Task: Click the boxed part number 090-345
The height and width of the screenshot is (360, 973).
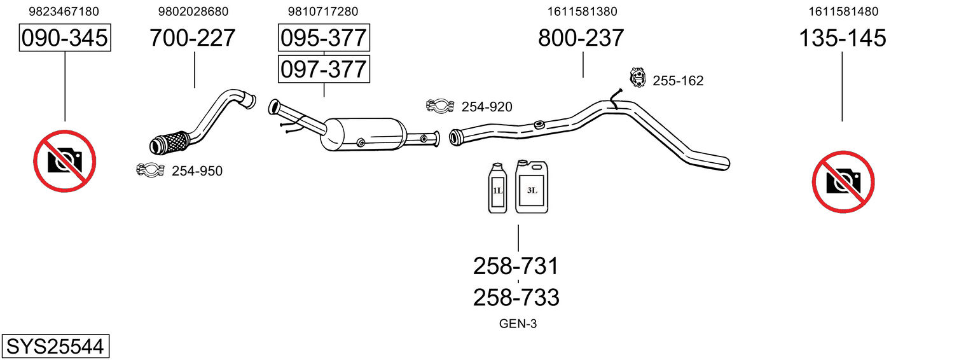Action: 65,38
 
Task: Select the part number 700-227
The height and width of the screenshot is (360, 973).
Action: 193,38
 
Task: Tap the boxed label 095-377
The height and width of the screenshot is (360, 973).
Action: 324,38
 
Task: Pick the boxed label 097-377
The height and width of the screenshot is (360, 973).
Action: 324,69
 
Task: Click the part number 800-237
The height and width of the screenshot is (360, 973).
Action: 581,38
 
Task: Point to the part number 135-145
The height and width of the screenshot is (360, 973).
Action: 842,38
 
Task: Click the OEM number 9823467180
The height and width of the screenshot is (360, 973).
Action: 64,11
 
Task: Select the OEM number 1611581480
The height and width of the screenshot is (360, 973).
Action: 843,11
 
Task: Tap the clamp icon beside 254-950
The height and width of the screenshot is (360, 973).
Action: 150,170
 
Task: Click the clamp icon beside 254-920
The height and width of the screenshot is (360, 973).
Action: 440,106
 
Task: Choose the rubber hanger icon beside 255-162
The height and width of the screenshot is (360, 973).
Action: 637,78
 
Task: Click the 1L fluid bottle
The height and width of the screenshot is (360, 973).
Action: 497,188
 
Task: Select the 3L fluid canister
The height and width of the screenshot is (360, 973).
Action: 532,187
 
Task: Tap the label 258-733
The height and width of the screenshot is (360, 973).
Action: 516,298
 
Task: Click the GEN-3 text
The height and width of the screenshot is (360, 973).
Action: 518,324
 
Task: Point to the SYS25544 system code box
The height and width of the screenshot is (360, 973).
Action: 55,346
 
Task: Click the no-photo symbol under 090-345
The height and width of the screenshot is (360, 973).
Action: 65,161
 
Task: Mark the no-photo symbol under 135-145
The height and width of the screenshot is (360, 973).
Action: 843,181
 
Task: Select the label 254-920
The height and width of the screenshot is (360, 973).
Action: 487,107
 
